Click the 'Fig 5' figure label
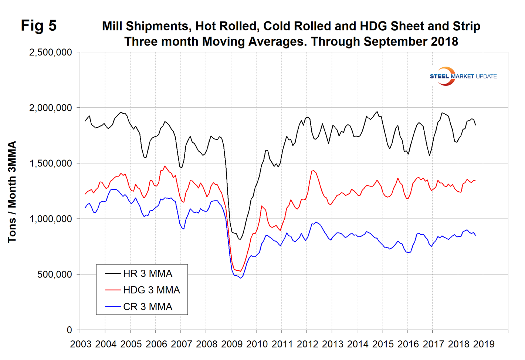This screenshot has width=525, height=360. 38,26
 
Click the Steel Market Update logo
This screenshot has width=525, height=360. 463,76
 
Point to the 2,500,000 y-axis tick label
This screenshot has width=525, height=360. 51,53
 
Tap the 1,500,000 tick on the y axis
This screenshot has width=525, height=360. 51,164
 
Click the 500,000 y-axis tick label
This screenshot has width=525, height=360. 54,275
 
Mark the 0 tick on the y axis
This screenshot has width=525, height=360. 69,330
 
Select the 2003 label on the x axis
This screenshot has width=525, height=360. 81,344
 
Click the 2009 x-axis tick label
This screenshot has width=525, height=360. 232,344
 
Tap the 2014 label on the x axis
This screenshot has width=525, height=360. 358,344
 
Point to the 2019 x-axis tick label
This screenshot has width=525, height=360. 484,344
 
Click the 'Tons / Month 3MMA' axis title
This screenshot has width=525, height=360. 12,192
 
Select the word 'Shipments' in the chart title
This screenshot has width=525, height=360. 158,26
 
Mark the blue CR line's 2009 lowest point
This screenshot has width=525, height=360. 241,278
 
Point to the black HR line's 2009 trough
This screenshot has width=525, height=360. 240,239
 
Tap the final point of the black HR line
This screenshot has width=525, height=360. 475,125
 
